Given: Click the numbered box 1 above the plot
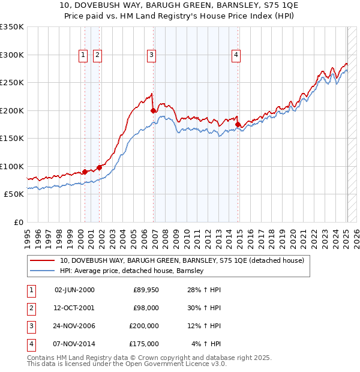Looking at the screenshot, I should (x=83, y=55).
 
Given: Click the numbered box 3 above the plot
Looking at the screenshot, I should (x=151, y=55).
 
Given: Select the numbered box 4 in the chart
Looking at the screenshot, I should (x=236, y=55).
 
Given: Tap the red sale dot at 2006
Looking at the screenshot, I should (x=154, y=110).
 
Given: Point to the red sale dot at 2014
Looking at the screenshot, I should (x=238, y=125).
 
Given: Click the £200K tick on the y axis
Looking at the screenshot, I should (x=12, y=110).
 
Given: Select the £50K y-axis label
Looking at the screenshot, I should (x=14, y=194).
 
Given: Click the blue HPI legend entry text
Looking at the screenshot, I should (x=132, y=271).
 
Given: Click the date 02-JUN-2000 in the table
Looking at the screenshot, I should (x=74, y=290).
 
